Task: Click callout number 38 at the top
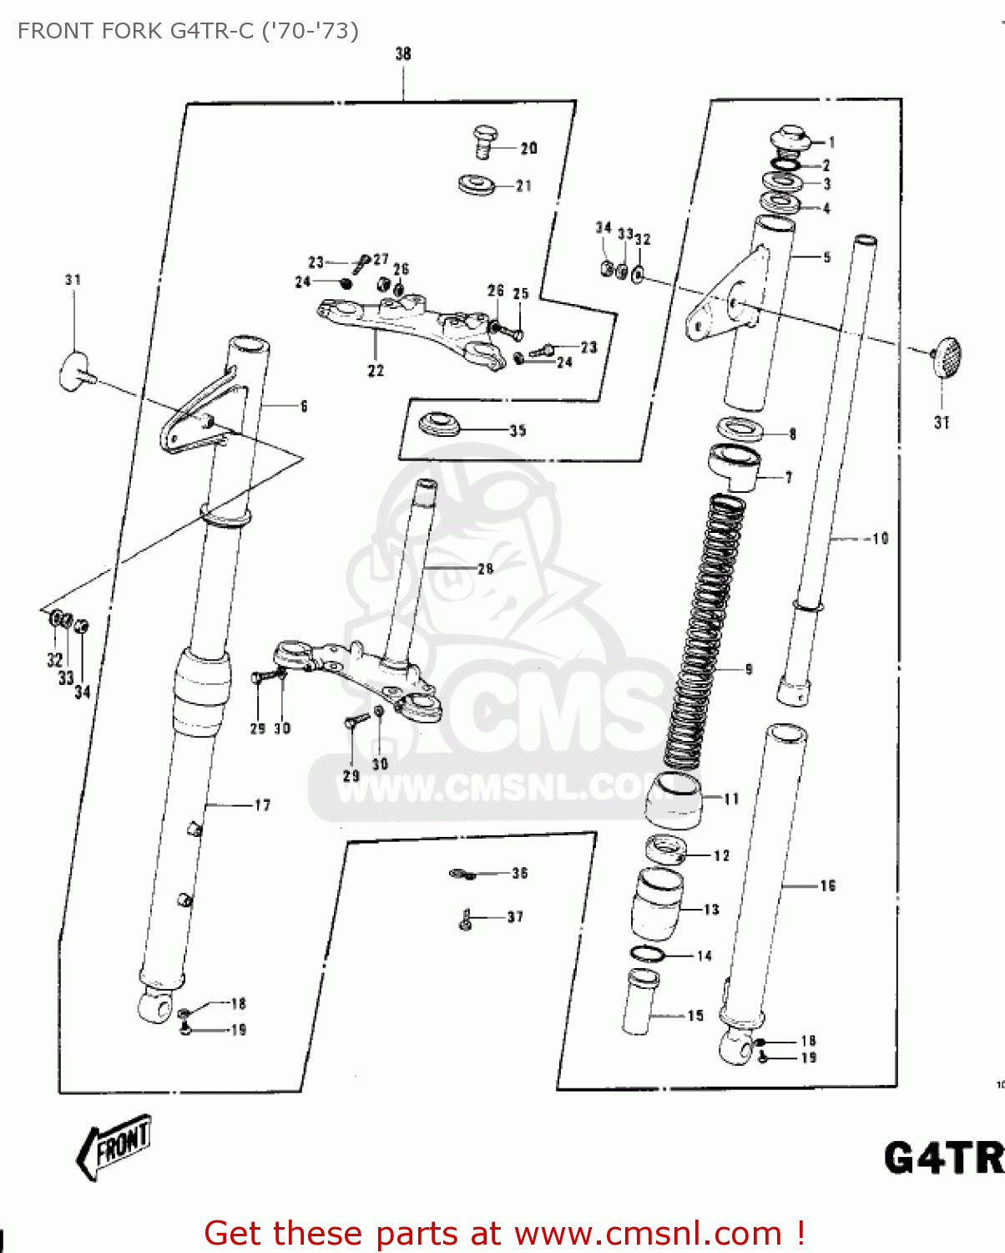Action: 403,54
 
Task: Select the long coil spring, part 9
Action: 705,631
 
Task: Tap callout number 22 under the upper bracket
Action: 376,370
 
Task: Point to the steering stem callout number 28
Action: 485,569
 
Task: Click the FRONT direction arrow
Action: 115,1145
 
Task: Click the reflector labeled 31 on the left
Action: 73,370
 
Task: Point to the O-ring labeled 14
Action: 648,954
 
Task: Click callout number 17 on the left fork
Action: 262,805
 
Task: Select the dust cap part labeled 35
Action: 439,424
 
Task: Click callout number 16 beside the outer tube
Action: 827,885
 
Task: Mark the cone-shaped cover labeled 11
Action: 674,800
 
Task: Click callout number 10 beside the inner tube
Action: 880,539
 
